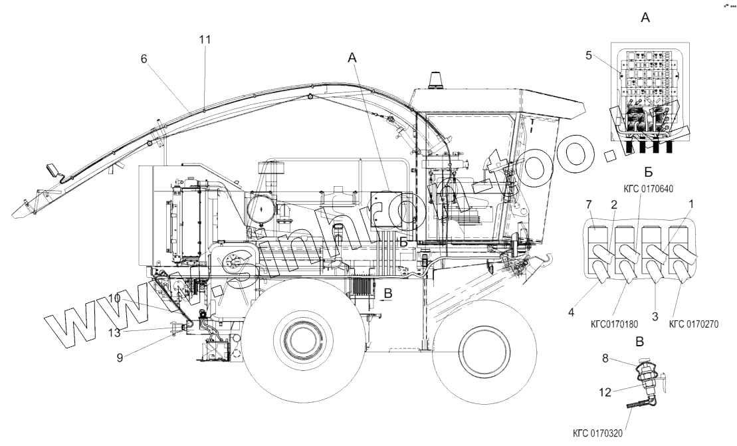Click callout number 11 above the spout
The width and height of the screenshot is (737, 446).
click(205, 39)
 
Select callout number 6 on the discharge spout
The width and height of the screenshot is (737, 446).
click(143, 58)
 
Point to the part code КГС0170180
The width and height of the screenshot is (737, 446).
click(614, 324)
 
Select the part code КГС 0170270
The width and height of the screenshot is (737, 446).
click(694, 324)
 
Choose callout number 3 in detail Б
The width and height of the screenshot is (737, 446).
click(655, 317)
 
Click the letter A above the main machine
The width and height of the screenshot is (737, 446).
click(353, 58)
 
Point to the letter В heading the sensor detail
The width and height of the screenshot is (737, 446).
click(639, 344)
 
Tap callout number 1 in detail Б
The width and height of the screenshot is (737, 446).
click(692, 202)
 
